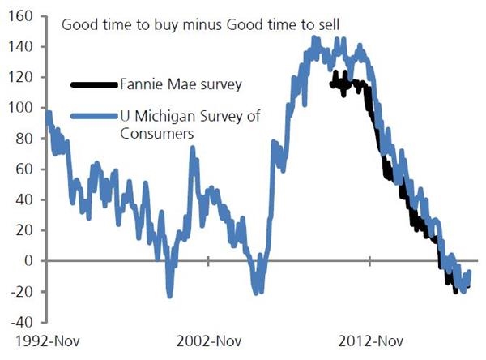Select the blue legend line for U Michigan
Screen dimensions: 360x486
point(94,118)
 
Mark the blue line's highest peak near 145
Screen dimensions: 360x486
point(314,37)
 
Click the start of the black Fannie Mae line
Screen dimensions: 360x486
point(331,83)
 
